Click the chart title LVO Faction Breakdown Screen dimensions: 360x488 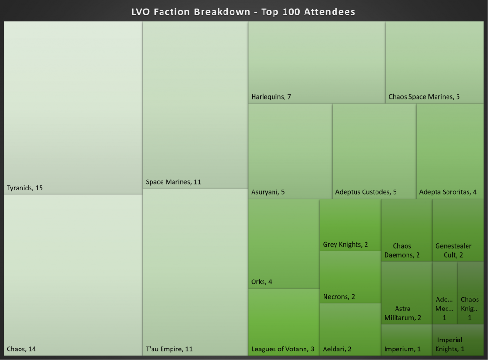[244, 12]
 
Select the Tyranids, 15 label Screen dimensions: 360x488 [25, 188]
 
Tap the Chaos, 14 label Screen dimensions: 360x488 [21, 349]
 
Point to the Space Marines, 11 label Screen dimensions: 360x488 [173, 182]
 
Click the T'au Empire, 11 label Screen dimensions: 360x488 [169, 349]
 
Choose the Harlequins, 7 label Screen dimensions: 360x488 [271, 97]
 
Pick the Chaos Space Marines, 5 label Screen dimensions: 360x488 [424, 97]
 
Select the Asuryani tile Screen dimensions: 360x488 [290, 151]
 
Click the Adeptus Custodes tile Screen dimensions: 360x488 [374, 151]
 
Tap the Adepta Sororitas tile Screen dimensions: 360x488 [450, 151]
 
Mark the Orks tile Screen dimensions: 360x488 [284, 243]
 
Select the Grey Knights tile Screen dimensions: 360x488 [350, 225]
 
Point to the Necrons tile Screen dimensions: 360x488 [350, 277]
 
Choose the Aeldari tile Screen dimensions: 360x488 [350, 330]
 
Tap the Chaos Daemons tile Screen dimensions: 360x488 [407, 230]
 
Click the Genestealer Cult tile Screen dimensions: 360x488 [457, 230]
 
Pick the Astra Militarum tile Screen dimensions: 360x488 [407, 293]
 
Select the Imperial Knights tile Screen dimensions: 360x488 [457, 340]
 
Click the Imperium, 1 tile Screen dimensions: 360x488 [407, 340]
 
